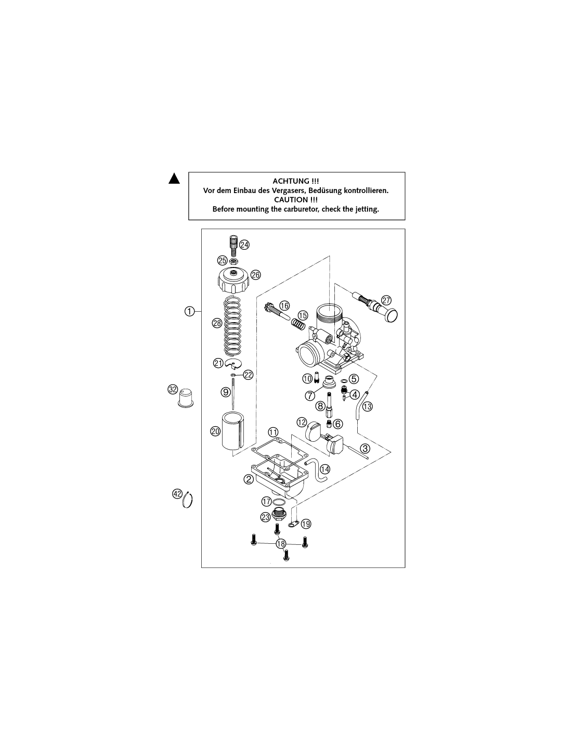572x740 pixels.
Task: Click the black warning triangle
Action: (174, 178)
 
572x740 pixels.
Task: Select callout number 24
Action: (244, 245)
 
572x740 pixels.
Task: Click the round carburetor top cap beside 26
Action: (233, 280)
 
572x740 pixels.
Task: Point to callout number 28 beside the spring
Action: (217, 323)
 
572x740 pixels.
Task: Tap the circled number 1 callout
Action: (189, 311)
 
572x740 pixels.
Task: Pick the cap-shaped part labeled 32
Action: (186, 398)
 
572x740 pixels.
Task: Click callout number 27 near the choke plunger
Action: (386, 300)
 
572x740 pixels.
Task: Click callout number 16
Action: (284, 306)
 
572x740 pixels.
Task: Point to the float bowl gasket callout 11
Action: (273, 432)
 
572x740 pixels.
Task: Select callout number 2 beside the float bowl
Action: (249, 479)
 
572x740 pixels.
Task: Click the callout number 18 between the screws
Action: (281, 544)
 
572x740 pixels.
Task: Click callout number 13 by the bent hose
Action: (368, 406)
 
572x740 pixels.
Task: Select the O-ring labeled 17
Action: (279, 501)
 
